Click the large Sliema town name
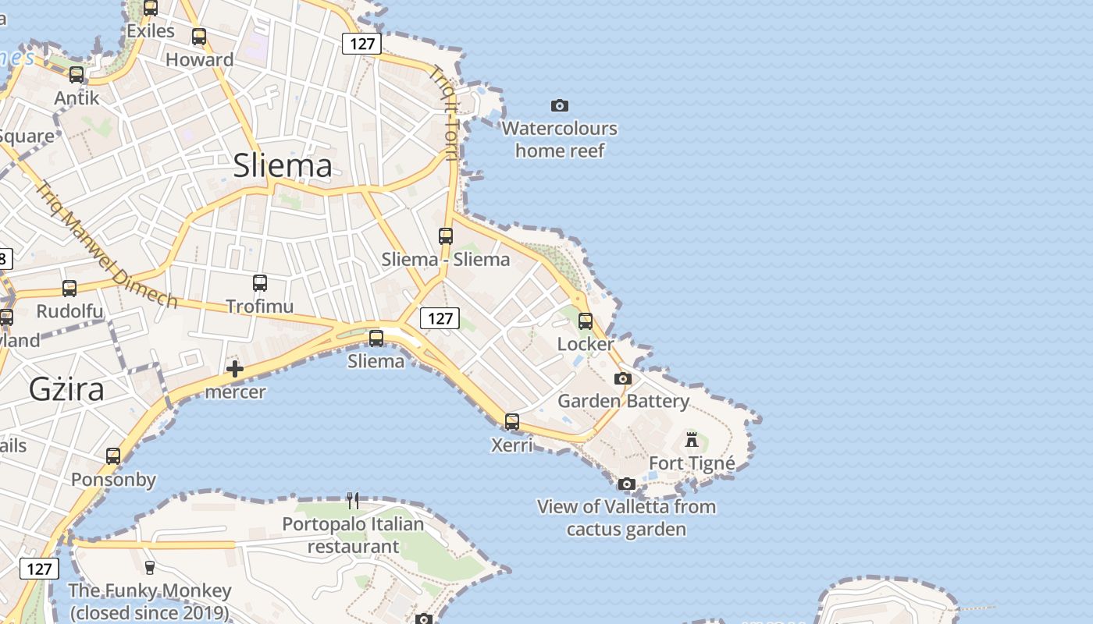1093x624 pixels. coord(283,165)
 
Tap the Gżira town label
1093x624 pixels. coord(66,388)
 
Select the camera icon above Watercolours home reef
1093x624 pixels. coord(560,105)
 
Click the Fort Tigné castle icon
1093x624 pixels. coord(692,439)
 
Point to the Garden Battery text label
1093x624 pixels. coord(623,401)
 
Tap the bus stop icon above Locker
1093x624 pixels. coord(586,321)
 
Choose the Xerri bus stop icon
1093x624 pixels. coord(512,421)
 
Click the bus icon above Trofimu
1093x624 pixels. coord(260,283)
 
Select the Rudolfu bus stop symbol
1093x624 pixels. coord(69,289)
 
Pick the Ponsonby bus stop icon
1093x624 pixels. coord(113,456)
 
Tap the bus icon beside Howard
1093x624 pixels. coord(199,37)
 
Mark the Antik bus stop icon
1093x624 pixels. coord(77,75)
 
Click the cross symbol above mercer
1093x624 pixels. coord(235,369)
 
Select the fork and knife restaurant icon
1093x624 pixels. coord(353,500)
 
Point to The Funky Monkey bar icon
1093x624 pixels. coord(150,567)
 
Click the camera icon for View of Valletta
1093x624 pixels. coord(626,484)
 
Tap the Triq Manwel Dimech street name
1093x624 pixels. coord(107,245)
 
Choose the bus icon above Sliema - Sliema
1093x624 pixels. coord(446,236)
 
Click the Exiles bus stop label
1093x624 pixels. coord(151,31)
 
